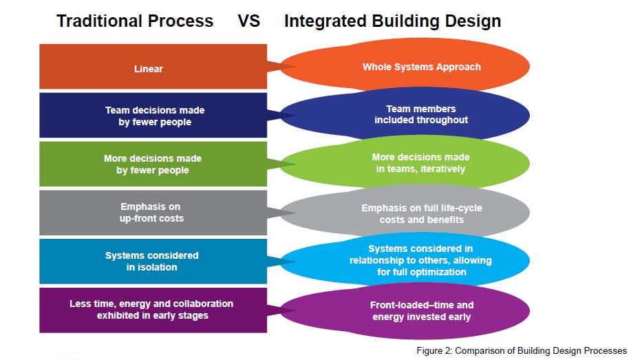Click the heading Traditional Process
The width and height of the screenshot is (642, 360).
click(135, 21)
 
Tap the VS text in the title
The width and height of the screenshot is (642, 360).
click(248, 21)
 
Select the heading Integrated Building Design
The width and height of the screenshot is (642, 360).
click(392, 21)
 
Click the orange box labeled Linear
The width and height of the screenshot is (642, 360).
click(153, 67)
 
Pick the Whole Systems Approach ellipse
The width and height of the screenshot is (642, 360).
click(421, 67)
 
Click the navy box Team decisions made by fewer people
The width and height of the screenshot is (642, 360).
click(153, 116)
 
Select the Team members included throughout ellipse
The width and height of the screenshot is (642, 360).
click(421, 114)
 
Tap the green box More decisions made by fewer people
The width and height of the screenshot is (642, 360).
click(153, 164)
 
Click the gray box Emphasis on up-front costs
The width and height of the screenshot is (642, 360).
click(153, 212)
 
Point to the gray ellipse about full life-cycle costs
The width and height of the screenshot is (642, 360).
click(421, 213)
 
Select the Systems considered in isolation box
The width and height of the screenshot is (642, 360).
click(153, 261)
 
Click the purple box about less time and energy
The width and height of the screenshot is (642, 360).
click(153, 310)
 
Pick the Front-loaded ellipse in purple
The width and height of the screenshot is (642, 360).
click(421, 311)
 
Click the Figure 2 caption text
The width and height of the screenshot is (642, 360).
click(522, 350)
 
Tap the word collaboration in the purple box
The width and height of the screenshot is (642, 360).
click(197, 304)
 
